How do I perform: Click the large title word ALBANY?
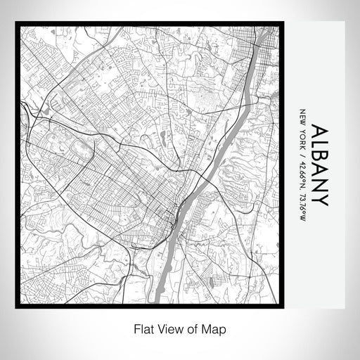[319, 166]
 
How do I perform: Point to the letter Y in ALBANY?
[319, 200]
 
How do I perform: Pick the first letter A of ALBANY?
[319, 131]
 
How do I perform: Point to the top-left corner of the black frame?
[17, 23]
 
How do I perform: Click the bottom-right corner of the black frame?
[283, 307]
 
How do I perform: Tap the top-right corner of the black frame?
[283, 23]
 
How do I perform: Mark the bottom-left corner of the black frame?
[17, 307]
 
